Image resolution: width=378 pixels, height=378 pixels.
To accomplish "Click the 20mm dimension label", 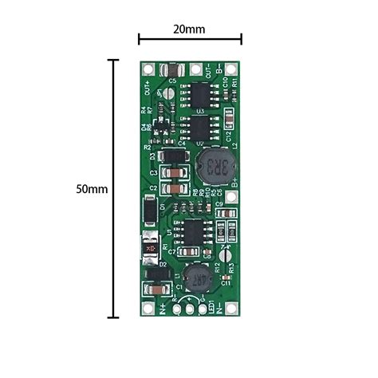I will pos(189,29).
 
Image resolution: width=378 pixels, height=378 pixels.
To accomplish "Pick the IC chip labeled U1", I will pos(191,233).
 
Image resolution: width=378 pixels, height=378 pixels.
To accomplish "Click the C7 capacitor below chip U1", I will pos(181,252).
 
